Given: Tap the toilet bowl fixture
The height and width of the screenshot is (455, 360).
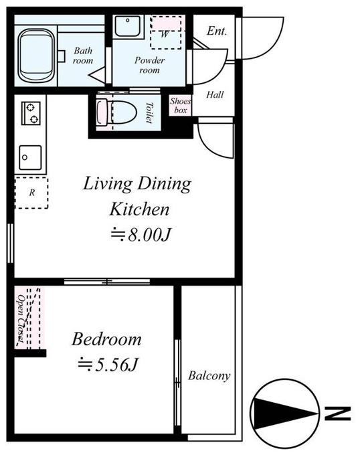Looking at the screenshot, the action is coord(116,112).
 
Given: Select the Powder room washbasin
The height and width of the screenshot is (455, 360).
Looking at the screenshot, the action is coord(128,26).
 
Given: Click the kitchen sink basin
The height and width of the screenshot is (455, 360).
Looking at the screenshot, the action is coord(30,157).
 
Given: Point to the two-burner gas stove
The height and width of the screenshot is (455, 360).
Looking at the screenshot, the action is coord(31,113).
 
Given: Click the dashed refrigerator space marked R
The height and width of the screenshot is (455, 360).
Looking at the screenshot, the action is coord(31,193).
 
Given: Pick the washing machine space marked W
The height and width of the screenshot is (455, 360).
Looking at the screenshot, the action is coord(166,33).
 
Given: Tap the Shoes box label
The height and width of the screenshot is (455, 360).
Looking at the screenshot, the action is coord(181,106).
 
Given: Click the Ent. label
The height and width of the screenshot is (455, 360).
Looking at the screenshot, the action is coord(216,31).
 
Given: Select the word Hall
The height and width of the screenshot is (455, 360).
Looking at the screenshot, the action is coord(215,94).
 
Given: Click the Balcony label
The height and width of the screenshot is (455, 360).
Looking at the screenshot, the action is coord(209,375).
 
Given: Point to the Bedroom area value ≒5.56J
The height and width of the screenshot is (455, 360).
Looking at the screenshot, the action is coord(108,365).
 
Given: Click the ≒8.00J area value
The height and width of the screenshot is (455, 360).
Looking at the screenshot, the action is coord(141,234).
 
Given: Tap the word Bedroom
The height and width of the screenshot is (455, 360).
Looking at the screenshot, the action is coord(106,339).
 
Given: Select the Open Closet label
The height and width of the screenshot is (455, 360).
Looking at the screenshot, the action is coord(21,318).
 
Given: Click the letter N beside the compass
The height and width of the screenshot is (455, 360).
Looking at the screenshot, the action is coord(337,414).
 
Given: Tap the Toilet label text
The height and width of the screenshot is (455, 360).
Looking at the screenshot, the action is coord(149,112).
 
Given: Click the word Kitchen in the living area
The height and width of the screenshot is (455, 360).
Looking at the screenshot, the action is coord(139,209).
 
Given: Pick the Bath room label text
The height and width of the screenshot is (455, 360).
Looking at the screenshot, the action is coord(83,56).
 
